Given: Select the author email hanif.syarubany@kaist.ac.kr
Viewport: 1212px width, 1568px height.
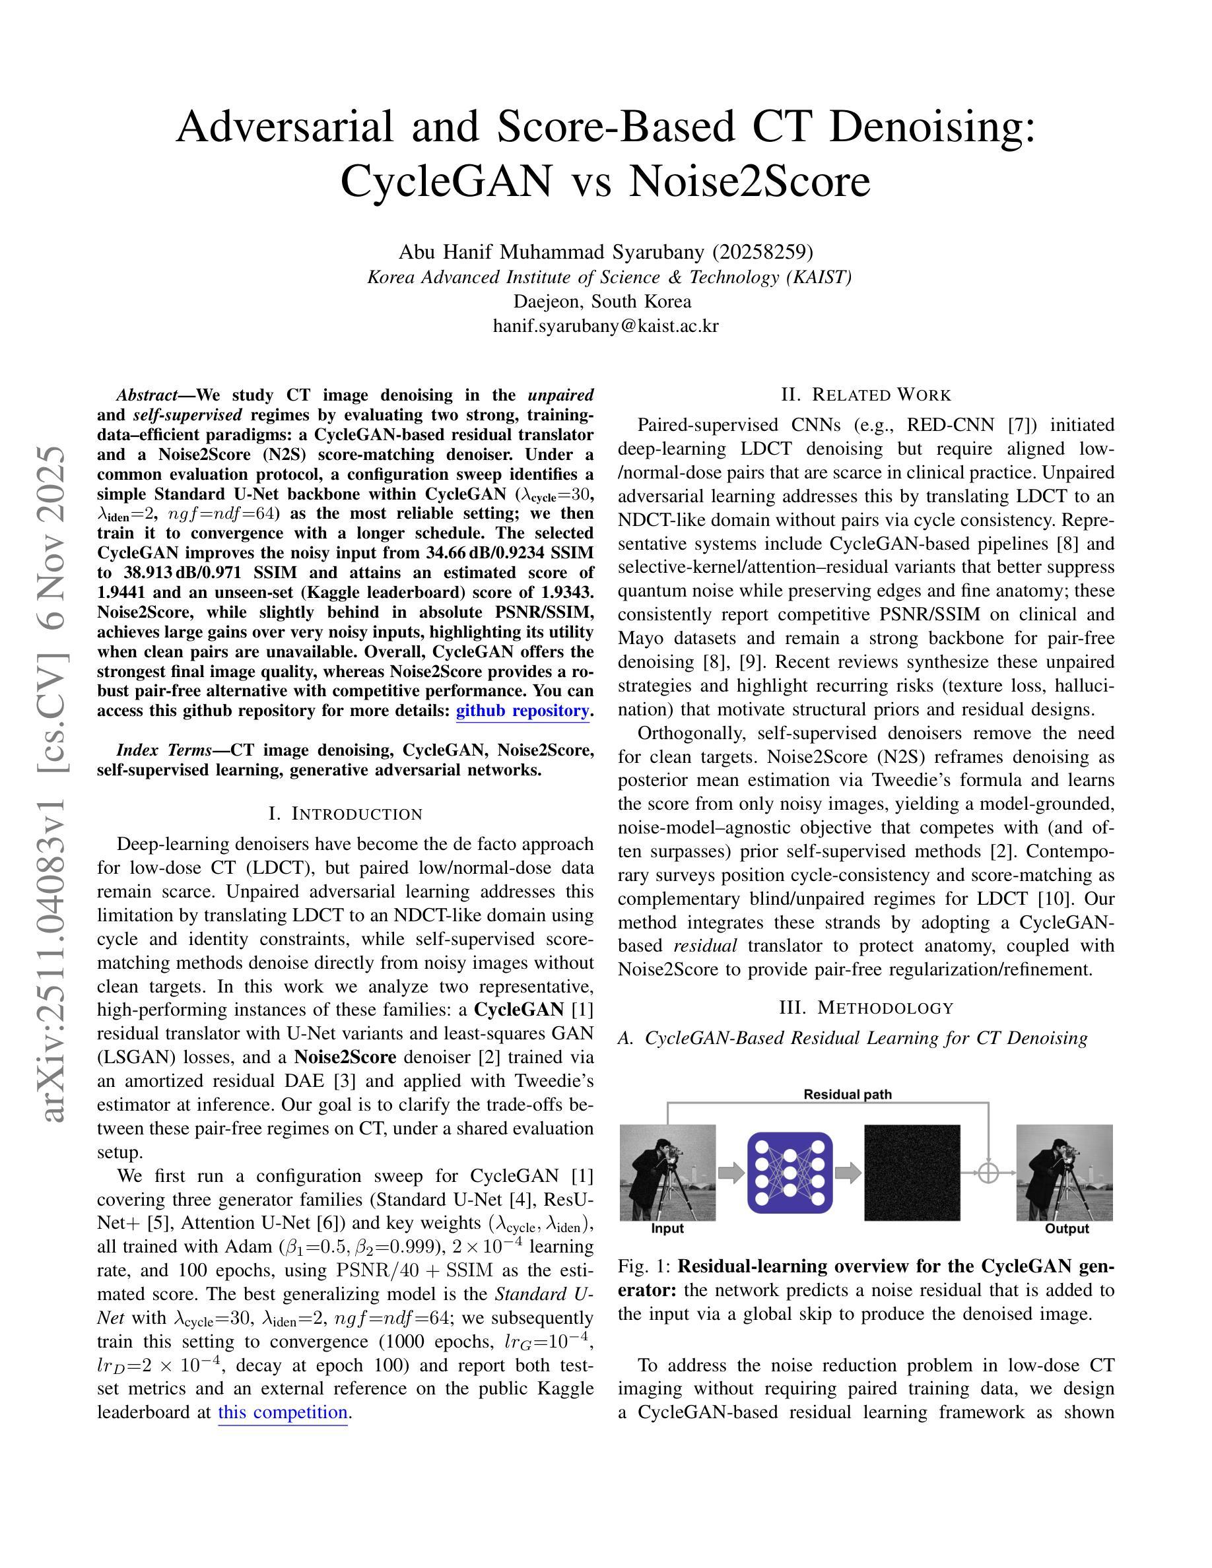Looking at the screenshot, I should pos(605,326).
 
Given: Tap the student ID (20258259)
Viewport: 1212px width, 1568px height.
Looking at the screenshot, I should pos(762,252).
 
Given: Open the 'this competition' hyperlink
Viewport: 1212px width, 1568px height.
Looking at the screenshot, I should pos(283,1412).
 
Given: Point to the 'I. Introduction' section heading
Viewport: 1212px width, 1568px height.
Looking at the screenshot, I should pos(345,814).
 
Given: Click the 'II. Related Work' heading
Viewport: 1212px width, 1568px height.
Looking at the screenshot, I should pos(866,395).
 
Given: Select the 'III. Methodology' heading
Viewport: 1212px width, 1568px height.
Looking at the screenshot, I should pos(866,1008).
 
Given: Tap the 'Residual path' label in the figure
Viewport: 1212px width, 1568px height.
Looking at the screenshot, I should pos(847,1095).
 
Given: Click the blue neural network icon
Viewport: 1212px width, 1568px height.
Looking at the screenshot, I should pos(790,1173).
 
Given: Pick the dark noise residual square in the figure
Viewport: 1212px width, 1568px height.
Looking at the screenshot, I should pos(912,1173).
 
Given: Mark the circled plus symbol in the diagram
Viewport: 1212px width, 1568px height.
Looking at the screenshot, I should pos(989,1173).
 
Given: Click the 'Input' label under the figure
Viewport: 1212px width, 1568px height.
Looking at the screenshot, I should pos(667,1228).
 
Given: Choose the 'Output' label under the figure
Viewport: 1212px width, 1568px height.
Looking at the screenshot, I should pos(1067,1228).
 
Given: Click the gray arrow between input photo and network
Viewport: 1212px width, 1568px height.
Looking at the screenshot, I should pos(731,1173).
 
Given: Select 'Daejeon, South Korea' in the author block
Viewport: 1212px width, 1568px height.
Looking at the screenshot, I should pos(605,302).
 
